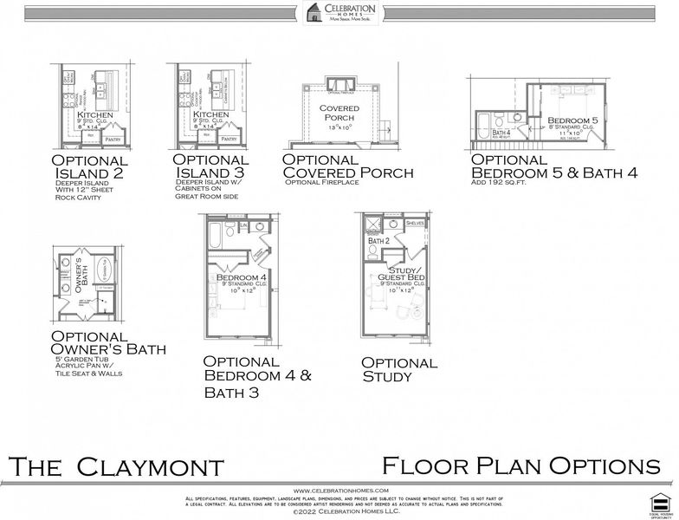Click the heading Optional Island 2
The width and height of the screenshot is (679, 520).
90,166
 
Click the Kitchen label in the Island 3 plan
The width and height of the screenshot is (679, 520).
210,114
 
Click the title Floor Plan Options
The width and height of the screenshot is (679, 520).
521,466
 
